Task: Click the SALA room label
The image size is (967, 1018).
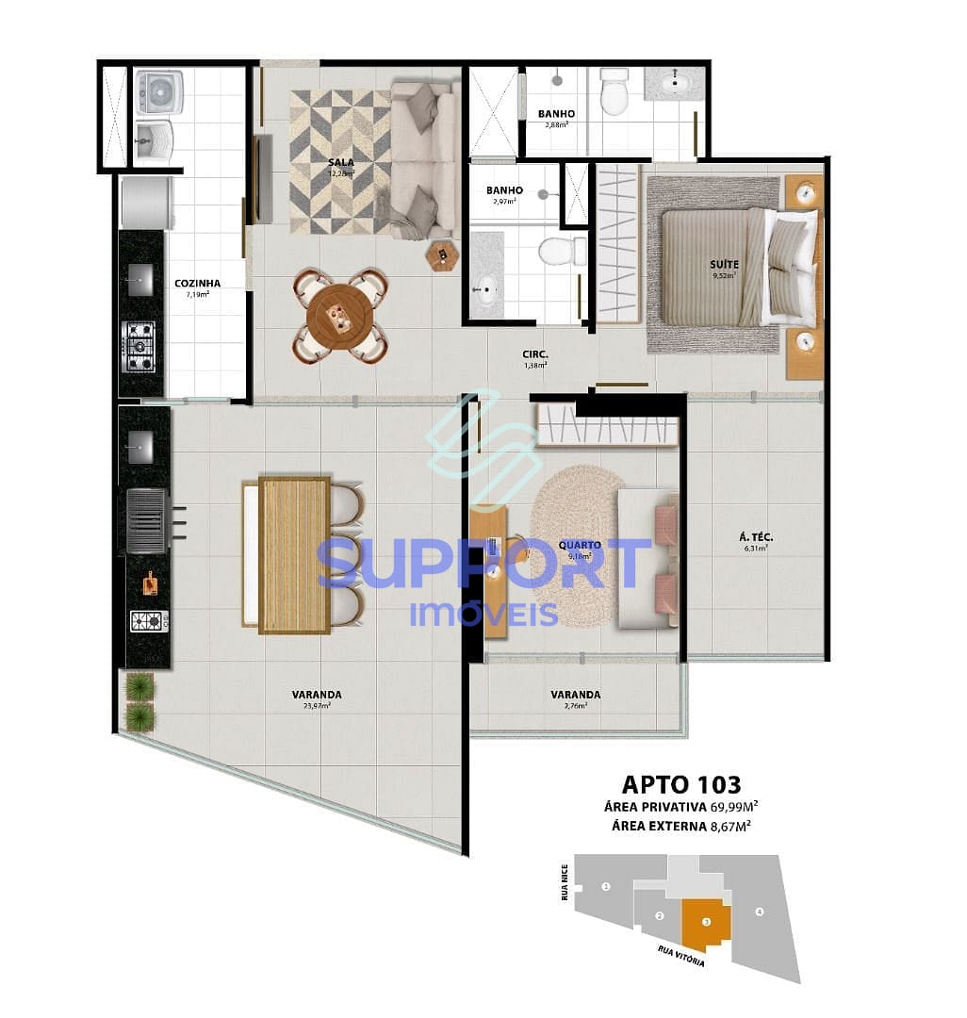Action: coord(341,162)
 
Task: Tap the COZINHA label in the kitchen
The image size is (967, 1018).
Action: coord(198,283)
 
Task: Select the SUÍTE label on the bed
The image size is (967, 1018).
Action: coord(725,265)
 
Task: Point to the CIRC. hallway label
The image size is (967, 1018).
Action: coord(536,355)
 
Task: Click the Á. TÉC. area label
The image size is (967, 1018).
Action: coord(756,540)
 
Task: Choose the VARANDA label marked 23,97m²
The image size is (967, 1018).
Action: coord(317,695)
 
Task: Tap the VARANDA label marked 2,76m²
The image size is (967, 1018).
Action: coord(576,695)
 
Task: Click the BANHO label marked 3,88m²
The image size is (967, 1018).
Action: coord(556,114)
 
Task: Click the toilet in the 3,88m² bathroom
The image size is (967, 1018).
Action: coord(615,91)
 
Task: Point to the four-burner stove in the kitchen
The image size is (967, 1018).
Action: coord(139,346)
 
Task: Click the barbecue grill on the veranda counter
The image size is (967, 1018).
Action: coord(146,520)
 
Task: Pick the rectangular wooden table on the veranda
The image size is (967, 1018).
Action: coord(294,555)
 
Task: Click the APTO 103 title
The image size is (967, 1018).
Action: coord(681,784)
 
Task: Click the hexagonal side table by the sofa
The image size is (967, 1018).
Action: coord(440,255)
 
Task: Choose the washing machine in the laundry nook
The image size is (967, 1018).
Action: coord(158,91)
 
